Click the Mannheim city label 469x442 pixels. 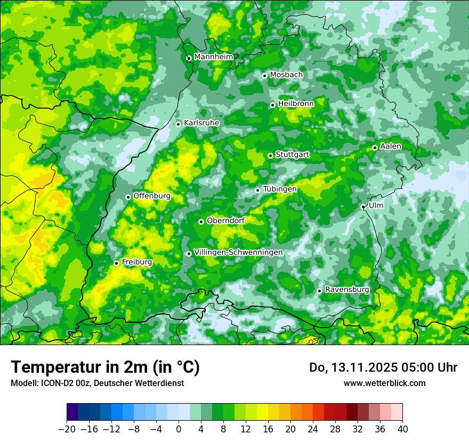click(x=213, y=57)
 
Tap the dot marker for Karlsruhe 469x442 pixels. click(x=179, y=124)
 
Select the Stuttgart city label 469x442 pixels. click(x=292, y=155)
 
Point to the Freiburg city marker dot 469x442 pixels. click(x=116, y=263)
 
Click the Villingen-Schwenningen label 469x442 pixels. click(x=238, y=252)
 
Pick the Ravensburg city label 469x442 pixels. click(x=347, y=290)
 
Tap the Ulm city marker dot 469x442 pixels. click(x=363, y=207)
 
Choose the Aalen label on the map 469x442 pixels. click(x=391, y=146)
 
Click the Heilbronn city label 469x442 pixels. click(x=296, y=103)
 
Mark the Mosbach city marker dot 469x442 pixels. click(x=264, y=76)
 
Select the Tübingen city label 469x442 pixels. click(x=280, y=189)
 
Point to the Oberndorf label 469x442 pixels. click(x=225, y=220)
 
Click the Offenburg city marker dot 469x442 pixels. click(x=128, y=197)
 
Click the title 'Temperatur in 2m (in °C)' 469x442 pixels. click(x=105, y=367)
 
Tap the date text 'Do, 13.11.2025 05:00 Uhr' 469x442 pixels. click(x=383, y=367)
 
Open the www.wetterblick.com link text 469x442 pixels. click(x=384, y=383)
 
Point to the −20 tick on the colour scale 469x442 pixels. click(x=67, y=429)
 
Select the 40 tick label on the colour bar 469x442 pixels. click(x=402, y=429)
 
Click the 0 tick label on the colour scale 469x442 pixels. click(x=179, y=429)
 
